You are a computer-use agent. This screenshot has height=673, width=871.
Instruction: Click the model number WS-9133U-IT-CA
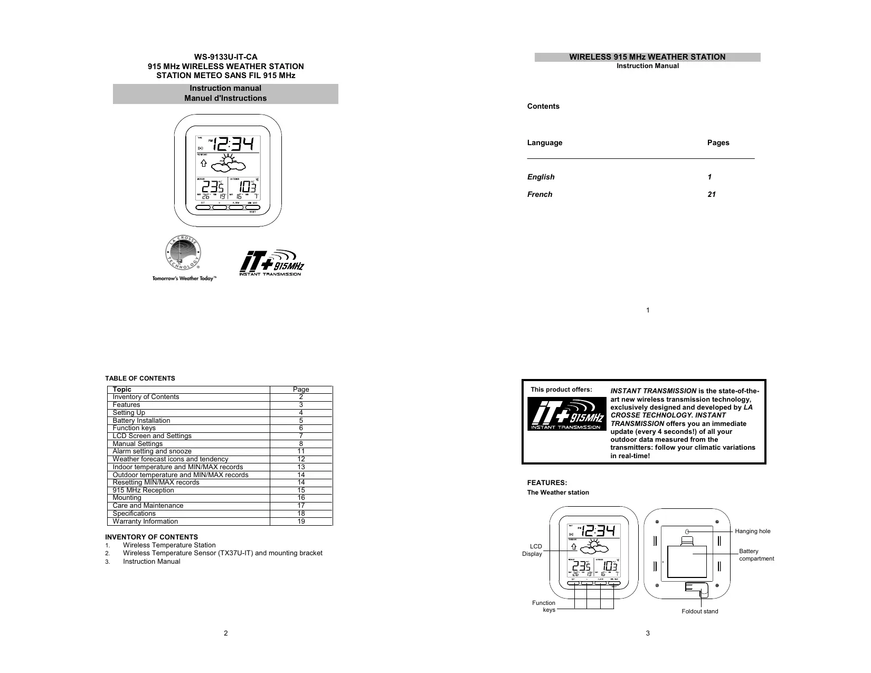(225, 57)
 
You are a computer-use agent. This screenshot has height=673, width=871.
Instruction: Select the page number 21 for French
(712, 194)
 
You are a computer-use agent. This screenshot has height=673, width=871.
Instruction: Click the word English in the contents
(541, 177)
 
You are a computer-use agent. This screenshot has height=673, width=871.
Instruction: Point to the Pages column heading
(718, 143)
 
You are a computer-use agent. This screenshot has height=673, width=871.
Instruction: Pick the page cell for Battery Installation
(301, 421)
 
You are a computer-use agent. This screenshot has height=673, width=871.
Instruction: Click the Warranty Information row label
(145, 522)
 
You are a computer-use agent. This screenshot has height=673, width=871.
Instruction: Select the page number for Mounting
(301, 498)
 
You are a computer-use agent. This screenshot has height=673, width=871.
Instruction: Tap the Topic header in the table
(122, 390)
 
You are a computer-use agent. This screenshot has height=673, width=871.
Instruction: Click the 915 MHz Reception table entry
(143, 490)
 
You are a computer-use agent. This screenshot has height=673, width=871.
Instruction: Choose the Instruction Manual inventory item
(152, 562)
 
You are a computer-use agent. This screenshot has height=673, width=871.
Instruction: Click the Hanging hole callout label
(752, 531)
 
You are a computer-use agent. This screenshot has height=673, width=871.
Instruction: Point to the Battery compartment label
(756, 555)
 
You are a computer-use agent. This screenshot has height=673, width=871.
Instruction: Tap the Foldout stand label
(699, 611)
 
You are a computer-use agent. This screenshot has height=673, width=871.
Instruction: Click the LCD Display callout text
(533, 550)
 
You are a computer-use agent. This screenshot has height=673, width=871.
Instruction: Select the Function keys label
(544, 606)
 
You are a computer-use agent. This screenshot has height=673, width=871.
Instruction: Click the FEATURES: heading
(547, 482)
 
